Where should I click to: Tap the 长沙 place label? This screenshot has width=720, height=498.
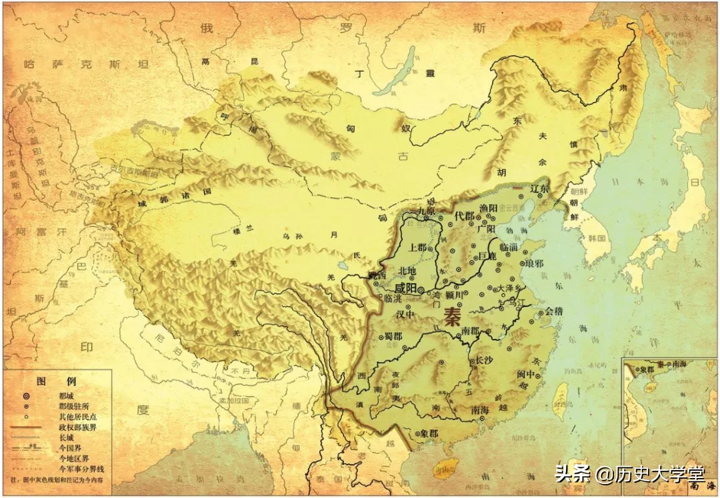pos(485,360)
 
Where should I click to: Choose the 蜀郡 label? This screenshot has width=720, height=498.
pos(393,336)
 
